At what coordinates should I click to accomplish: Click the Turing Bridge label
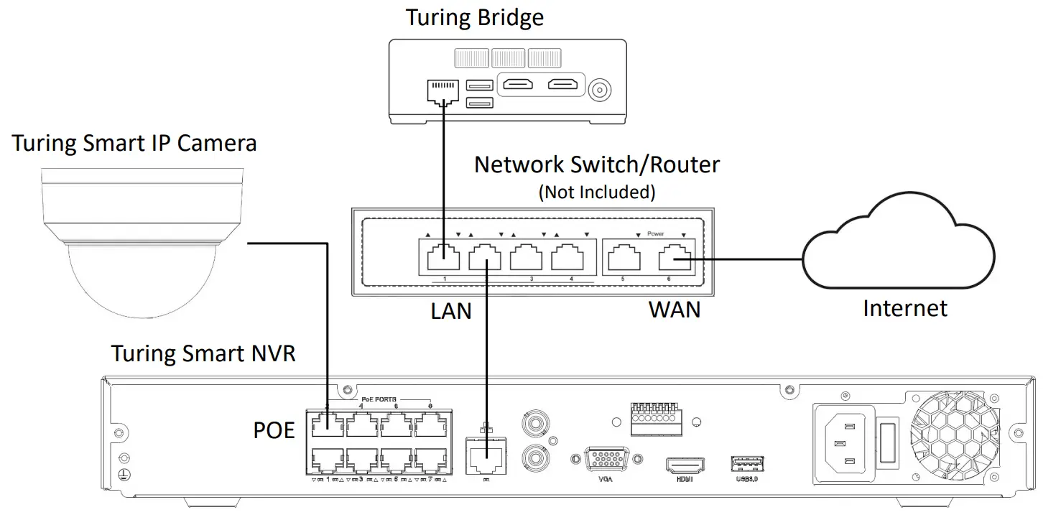(x=474, y=17)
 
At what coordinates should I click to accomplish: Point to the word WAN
(x=674, y=310)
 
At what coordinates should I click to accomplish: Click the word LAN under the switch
(x=451, y=310)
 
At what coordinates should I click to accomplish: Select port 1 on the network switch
(x=443, y=257)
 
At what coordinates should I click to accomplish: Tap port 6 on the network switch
(x=674, y=257)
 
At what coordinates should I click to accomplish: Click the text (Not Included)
(x=596, y=192)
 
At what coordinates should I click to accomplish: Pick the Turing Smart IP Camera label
(x=134, y=143)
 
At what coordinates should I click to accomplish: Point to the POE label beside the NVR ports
(x=274, y=430)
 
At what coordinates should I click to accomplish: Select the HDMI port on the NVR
(x=685, y=465)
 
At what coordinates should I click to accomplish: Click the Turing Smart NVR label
(x=203, y=353)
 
